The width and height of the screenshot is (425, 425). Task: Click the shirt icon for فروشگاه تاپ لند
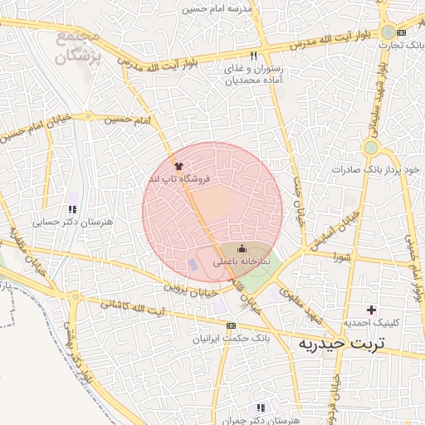178,166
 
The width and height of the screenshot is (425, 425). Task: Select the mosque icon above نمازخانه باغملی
242,248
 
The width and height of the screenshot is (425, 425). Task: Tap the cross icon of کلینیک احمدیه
372,310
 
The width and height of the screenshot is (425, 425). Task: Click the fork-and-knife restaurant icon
242,56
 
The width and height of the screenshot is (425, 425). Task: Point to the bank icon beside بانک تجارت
401,32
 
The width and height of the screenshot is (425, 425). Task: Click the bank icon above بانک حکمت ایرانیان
231,325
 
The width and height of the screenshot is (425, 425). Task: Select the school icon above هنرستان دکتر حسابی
73,209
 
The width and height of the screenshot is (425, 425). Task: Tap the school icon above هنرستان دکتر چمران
261,408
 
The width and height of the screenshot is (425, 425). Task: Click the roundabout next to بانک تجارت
388,32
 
